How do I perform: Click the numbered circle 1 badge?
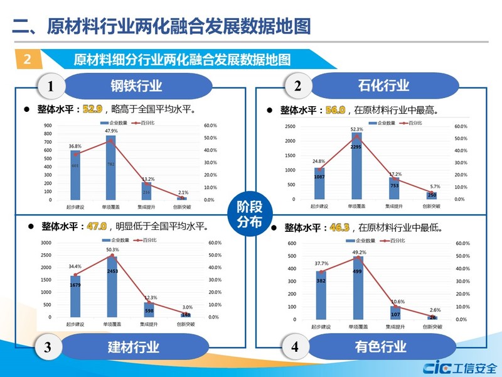50,85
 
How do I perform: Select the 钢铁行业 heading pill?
136,85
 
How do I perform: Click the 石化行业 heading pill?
383,85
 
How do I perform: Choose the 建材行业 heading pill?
134,346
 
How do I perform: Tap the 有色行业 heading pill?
381,346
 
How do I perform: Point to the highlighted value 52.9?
92,109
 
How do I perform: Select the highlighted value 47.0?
96,226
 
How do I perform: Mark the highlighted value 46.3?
339,227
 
